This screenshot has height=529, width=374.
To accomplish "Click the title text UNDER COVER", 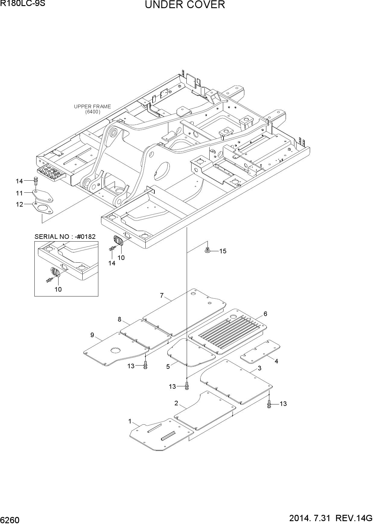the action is coord(185,5).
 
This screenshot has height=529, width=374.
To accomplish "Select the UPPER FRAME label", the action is coord(92,106).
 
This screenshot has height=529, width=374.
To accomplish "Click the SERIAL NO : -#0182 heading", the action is coord(65,236).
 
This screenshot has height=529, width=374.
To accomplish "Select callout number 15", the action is coord(223,251).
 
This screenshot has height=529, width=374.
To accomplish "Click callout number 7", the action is coord(162,296).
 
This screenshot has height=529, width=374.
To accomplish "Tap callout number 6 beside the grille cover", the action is coord(265,314).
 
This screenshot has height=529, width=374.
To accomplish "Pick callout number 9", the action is coord(92,335).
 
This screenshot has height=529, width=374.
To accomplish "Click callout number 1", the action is coord(130,421).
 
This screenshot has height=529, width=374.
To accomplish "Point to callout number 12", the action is coord(19,204).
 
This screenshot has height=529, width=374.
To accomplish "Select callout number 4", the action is coord(276,361).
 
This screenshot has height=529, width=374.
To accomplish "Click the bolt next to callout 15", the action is coord(207,250).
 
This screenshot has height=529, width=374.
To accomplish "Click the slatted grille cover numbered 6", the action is coord(227,331).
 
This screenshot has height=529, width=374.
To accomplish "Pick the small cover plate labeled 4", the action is coord(260,352).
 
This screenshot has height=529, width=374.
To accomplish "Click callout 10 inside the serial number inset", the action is coord(58,290).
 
